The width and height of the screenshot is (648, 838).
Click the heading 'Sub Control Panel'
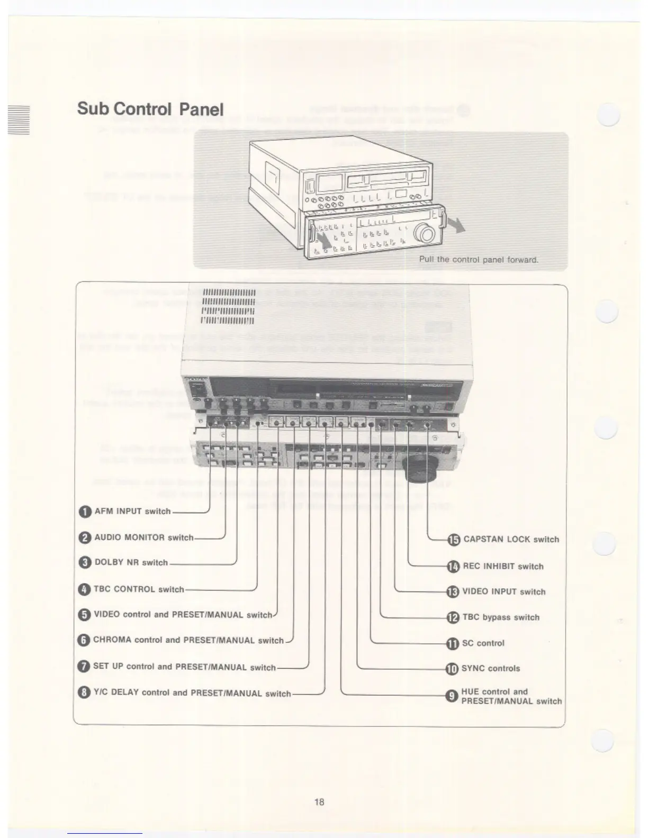point(150,109)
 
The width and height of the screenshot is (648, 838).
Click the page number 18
point(319,801)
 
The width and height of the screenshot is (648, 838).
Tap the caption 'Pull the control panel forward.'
point(479,260)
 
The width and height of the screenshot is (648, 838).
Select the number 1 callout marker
point(85,512)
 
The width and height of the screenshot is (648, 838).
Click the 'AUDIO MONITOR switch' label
point(144,538)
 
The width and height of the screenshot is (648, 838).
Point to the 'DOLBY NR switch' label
point(131,562)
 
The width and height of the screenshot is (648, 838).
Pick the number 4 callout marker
point(84,589)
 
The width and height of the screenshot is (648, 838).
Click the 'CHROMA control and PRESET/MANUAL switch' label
point(188,640)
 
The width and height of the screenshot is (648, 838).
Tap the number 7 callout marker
point(84,667)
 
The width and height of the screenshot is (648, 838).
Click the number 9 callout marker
point(452,696)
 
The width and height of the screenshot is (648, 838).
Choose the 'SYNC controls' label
point(491,669)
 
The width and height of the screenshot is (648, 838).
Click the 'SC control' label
point(483,643)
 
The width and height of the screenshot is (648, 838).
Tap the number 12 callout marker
point(453,617)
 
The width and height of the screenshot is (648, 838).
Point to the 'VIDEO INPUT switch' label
point(503,591)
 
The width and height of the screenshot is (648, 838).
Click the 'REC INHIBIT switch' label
point(503,566)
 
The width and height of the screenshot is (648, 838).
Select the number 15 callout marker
point(454,540)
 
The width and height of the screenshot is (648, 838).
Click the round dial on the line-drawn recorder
point(425,233)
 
